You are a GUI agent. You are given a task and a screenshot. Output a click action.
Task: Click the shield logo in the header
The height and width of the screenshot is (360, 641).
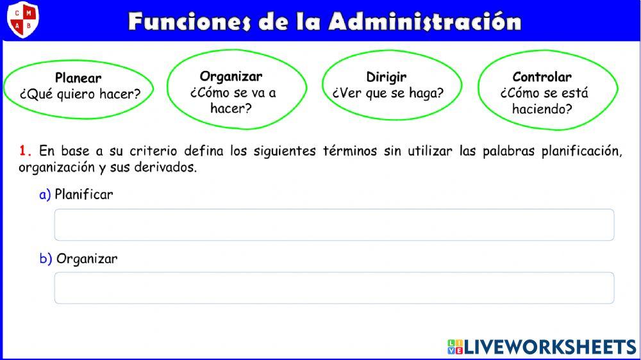[x=22, y=19]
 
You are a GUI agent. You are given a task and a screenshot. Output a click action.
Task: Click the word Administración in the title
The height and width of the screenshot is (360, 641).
[x=425, y=21]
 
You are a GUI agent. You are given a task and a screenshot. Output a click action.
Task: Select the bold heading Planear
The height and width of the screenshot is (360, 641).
[x=78, y=78]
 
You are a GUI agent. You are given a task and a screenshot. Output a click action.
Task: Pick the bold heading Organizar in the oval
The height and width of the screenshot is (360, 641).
[x=231, y=76]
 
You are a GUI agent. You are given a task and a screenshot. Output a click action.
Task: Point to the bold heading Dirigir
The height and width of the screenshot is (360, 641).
[x=387, y=77]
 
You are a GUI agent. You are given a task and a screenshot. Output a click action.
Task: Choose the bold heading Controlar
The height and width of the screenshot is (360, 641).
[x=542, y=77]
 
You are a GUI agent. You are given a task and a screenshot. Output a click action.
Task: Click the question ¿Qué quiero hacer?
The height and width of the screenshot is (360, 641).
[x=80, y=94]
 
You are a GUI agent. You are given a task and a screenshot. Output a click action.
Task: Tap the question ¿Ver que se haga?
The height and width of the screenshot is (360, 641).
[x=388, y=93]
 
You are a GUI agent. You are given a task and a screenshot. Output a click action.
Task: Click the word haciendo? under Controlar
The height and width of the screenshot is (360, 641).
[x=542, y=109]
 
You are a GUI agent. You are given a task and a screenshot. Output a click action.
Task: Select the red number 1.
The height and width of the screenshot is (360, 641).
[x=25, y=151]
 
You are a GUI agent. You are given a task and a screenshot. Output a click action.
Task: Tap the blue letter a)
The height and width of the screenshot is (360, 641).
[x=45, y=194]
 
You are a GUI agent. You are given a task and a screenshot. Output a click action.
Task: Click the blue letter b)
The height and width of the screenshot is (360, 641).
[x=46, y=259]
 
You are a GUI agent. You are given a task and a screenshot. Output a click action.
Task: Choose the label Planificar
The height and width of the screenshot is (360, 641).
[x=84, y=194]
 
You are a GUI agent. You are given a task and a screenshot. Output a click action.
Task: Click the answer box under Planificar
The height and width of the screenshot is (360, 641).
[x=334, y=225]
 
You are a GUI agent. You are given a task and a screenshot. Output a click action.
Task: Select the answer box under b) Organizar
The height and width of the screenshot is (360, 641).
[x=334, y=288]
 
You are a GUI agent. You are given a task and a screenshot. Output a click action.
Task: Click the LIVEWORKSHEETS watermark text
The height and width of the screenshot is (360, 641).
[x=549, y=347]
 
